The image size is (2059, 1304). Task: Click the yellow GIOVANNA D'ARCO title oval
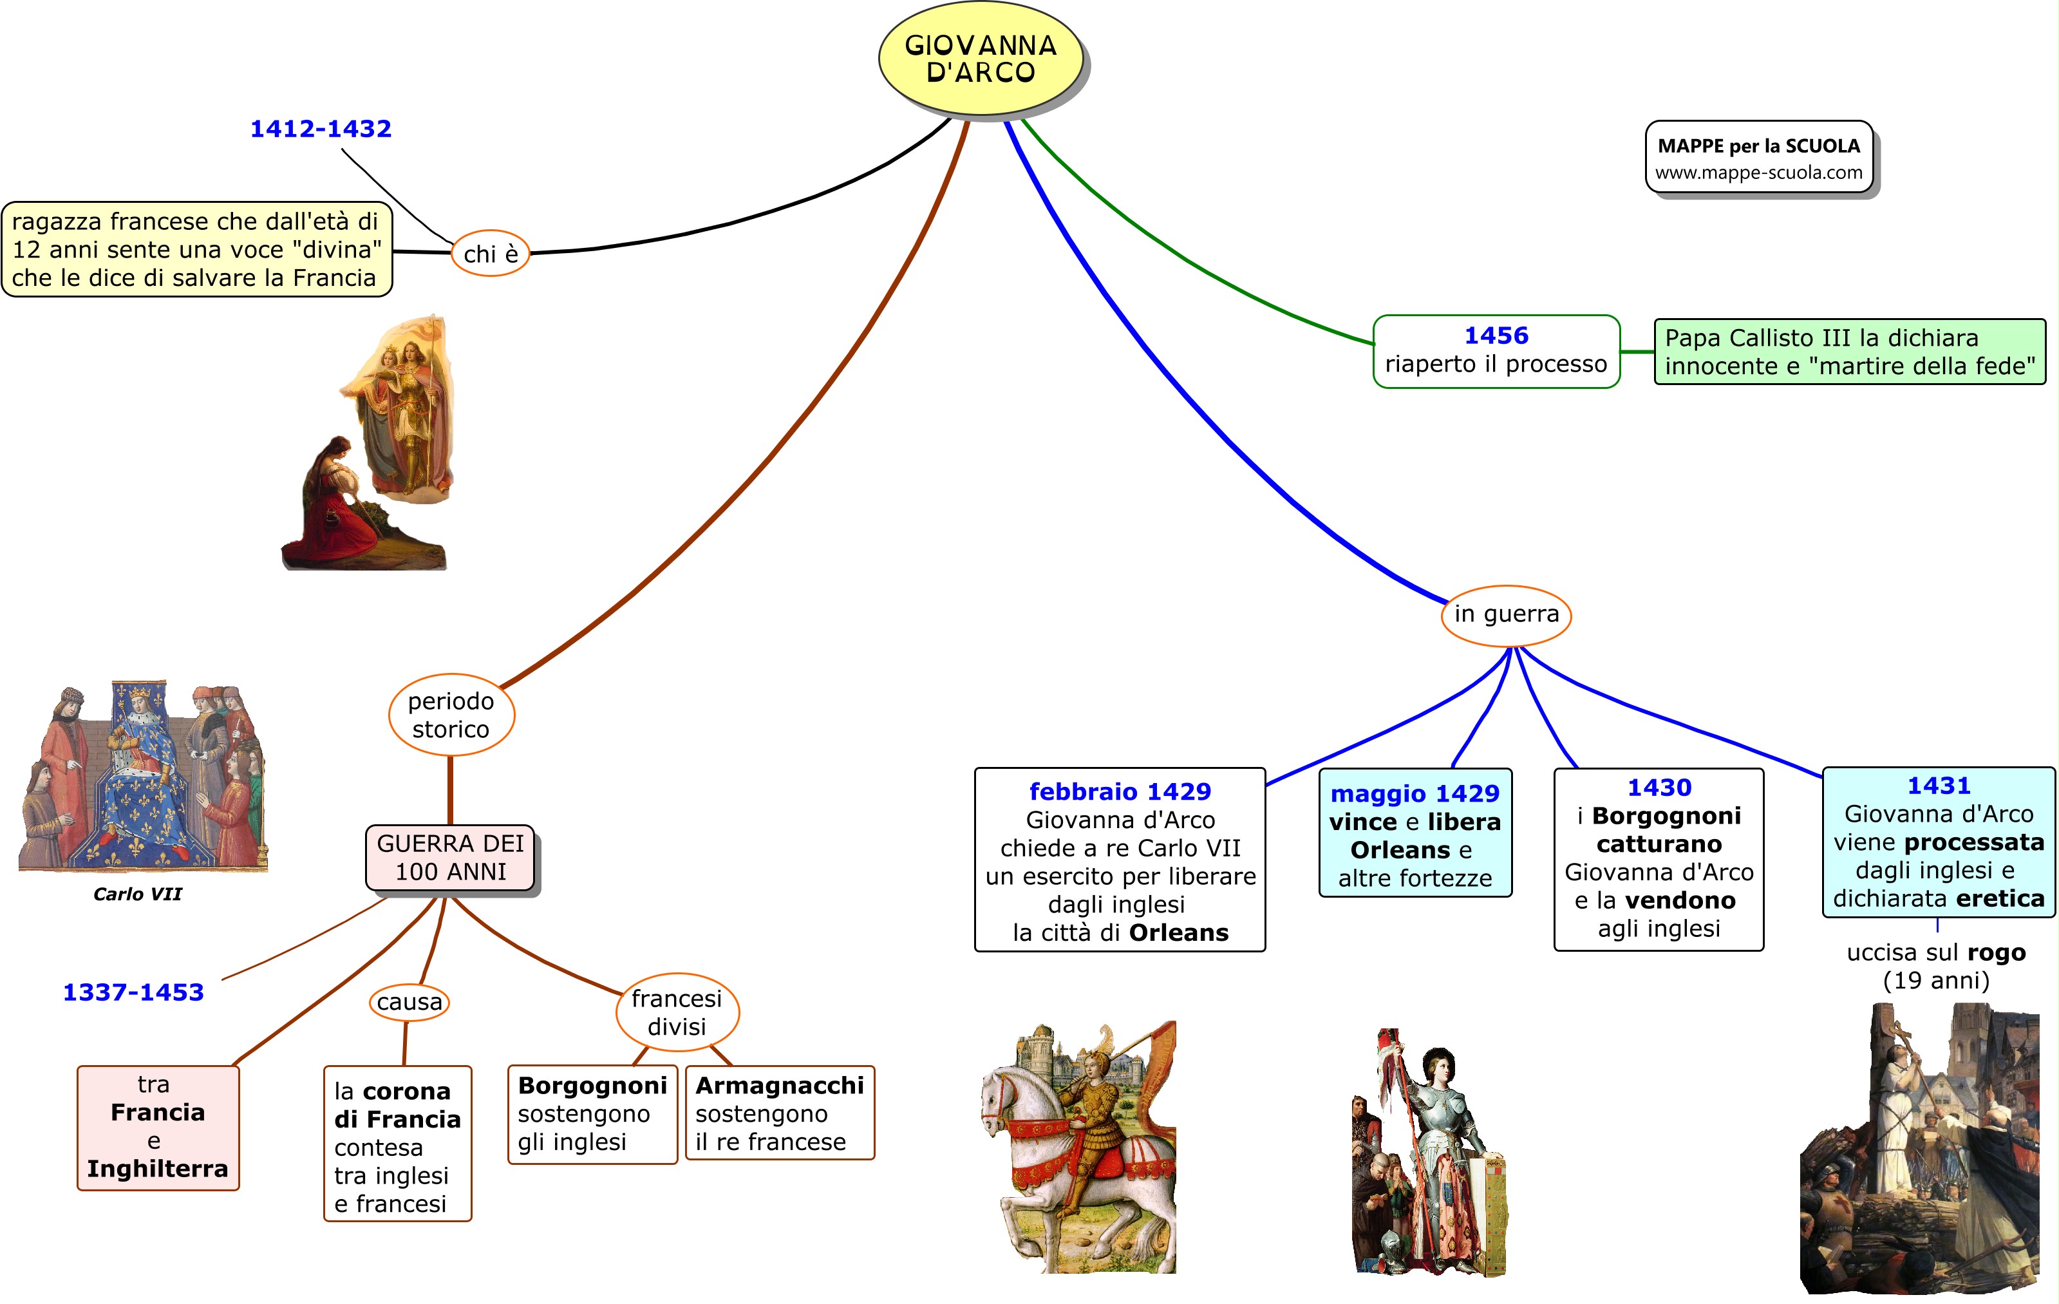(980, 58)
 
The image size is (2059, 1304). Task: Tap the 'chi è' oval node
(490, 253)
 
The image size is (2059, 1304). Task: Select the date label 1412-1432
(321, 128)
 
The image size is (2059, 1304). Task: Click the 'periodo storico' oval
(451, 715)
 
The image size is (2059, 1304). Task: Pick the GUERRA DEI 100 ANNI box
(450, 858)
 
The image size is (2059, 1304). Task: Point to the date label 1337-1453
(133, 992)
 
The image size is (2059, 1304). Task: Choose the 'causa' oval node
(409, 1002)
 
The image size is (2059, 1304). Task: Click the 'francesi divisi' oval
(677, 1012)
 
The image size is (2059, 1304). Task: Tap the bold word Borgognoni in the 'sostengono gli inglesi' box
(592, 1085)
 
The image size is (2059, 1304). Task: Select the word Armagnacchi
(779, 1085)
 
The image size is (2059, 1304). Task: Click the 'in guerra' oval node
(1506, 614)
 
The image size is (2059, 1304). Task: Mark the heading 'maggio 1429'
(1415, 793)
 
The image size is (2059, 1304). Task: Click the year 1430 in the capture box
(1659, 788)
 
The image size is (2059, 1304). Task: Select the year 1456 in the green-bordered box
(1496, 335)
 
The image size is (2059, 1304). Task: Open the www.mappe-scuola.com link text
(1758, 173)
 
